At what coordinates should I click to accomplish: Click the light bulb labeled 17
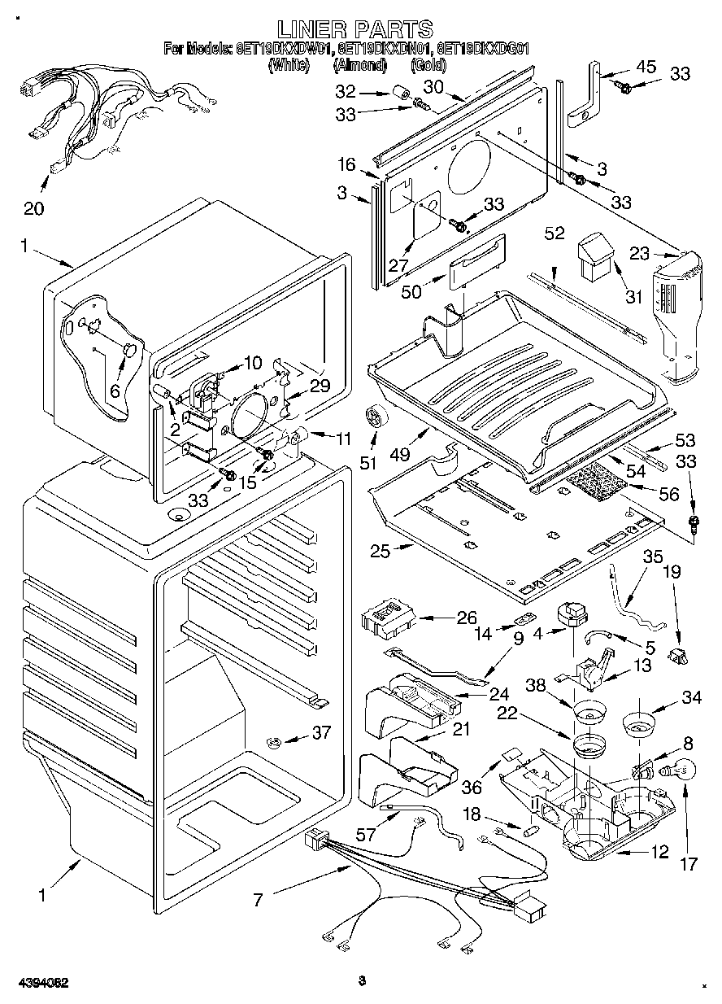coord(681,767)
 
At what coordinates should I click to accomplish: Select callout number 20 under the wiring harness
coord(33,208)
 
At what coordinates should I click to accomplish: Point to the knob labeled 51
coord(376,417)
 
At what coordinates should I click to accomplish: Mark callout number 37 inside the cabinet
coord(322,732)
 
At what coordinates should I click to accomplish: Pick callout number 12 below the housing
coord(659,852)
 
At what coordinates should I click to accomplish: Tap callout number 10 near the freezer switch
coord(253,362)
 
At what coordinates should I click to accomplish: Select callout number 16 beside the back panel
coord(347,166)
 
